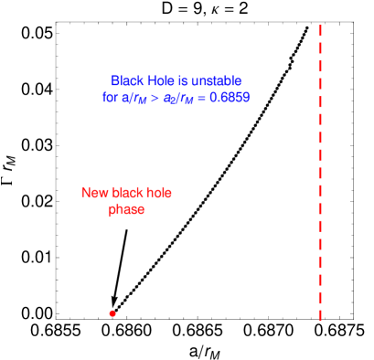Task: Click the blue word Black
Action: coord(126,80)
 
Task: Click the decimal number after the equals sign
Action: coord(229,96)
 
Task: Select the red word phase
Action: coord(126,209)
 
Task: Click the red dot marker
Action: coord(112,313)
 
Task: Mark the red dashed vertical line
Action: coord(320,174)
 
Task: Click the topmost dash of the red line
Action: coord(320,30)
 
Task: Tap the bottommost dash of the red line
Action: coord(320,315)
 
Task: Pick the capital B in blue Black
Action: coord(115,80)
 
